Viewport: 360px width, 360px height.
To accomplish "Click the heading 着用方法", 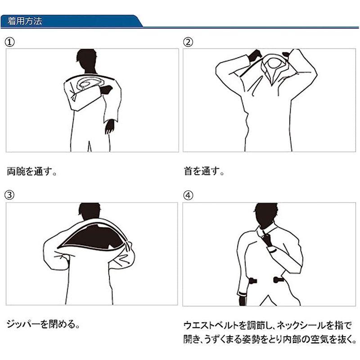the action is [25, 21].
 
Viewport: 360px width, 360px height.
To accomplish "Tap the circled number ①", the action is [9, 42].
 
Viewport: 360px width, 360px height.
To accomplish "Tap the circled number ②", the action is [188, 42].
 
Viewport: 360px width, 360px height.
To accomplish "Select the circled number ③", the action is [9, 195].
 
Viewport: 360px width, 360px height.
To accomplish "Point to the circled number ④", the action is [188, 195].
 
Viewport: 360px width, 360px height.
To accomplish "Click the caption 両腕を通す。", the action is [31, 171].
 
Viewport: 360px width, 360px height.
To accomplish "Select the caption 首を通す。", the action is [204, 171].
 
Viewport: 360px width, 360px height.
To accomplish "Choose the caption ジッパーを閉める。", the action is [43, 324].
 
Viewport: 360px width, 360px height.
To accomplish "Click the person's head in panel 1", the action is [87, 60].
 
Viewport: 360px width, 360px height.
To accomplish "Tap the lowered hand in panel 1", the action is [109, 126].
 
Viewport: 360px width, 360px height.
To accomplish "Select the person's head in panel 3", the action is [90, 211].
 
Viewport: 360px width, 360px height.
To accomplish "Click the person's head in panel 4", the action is [266, 213].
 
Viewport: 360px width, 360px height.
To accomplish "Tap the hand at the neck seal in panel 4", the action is [267, 239].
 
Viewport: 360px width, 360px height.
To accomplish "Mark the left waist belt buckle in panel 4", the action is [252, 280].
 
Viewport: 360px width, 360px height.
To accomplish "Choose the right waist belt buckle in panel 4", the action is [279, 279].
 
